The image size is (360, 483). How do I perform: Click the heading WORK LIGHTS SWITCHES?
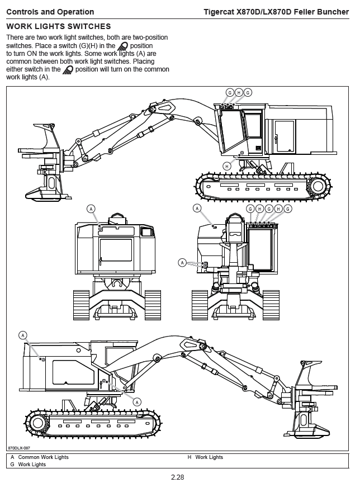click(59, 26)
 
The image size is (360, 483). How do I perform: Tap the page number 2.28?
click(177, 477)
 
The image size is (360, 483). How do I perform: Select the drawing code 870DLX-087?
click(19, 448)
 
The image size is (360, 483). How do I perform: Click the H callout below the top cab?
click(227, 167)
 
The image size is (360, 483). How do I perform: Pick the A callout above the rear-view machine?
click(91, 209)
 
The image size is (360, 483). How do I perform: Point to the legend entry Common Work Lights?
click(44, 457)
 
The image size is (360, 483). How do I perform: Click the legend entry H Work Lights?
click(205, 457)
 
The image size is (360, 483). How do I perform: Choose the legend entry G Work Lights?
click(28, 464)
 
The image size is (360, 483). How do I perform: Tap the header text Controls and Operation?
click(50, 12)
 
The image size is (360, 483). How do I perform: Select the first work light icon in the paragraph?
click(122, 46)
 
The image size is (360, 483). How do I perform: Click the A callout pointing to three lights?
click(182, 263)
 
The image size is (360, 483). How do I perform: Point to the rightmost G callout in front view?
click(288, 209)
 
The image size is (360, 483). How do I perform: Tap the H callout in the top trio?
click(239, 92)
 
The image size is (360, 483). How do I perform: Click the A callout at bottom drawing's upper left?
click(23, 335)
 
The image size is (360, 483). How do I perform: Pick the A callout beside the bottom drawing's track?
click(137, 402)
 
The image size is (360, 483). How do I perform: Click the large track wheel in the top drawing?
click(318, 186)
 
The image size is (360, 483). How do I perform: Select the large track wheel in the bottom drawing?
click(38, 423)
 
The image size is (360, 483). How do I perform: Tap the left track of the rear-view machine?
click(81, 305)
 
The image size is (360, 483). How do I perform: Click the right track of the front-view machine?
click(271, 305)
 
